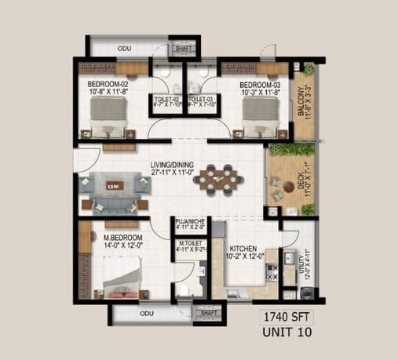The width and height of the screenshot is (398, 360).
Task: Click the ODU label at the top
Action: (124, 49)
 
